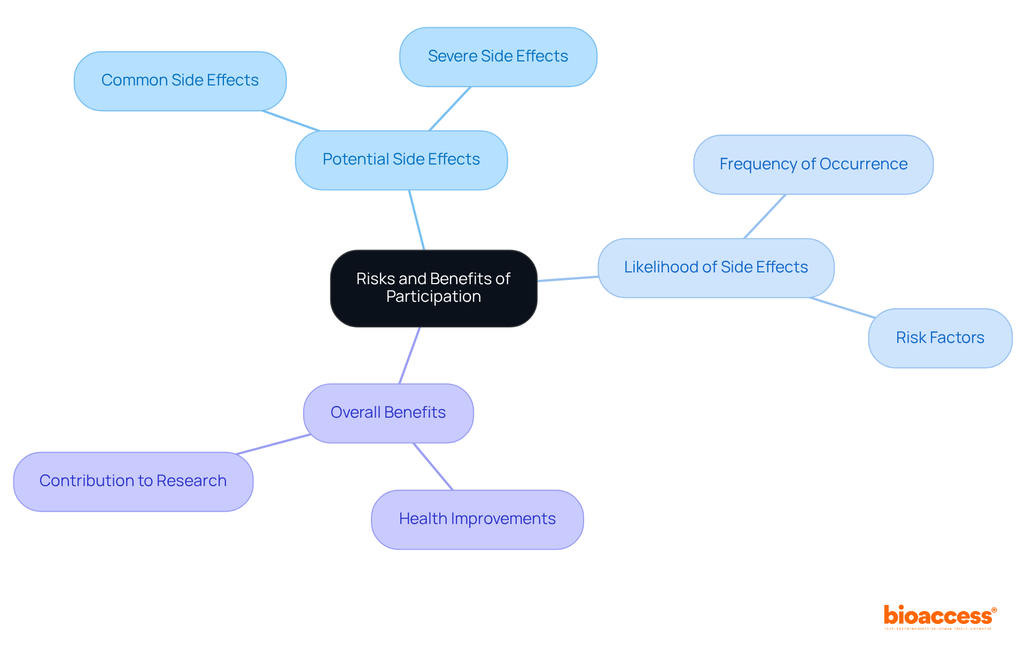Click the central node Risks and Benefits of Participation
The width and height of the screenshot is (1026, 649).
tap(433, 288)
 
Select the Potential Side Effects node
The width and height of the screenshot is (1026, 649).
tap(401, 160)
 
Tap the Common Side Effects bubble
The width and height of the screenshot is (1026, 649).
tap(180, 81)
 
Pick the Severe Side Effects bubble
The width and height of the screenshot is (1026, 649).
tap(498, 57)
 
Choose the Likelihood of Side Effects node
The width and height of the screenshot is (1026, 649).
tap(716, 268)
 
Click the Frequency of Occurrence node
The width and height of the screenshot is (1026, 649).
tap(813, 165)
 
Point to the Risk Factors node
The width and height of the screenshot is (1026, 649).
tap(939, 338)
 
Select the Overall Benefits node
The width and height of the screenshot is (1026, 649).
tap(388, 413)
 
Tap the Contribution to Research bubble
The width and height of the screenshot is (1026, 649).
tap(133, 481)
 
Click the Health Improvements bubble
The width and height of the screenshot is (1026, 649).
tap(477, 519)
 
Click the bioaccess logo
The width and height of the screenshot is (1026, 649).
tap(939, 616)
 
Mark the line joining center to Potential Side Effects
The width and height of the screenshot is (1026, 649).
tap(417, 220)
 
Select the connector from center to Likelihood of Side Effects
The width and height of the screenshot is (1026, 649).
tap(568, 278)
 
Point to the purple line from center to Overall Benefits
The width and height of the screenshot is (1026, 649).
tap(410, 355)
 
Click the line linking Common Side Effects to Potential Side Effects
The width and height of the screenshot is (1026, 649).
tap(291, 121)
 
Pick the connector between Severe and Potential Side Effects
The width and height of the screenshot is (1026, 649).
tap(450, 108)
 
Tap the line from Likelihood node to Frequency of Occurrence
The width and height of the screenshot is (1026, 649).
tap(765, 216)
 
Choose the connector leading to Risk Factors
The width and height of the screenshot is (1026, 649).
tap(842, 308)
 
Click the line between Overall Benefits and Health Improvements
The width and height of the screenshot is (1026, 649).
tap(433, 466)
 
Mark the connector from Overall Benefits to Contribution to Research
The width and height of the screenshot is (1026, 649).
tap(273, 444)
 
